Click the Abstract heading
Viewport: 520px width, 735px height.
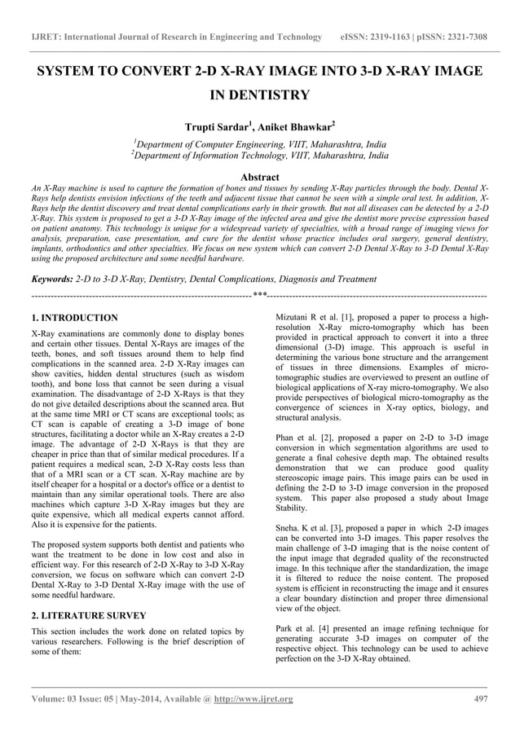click(x=259, y=177)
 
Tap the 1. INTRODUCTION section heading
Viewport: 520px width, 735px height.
click(x=73, y=317)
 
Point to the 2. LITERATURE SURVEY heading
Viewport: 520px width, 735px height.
click(x=88, y=615)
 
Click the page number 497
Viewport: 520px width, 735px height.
click(x=481, y=699)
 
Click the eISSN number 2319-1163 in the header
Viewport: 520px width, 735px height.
click(x=399, y=37)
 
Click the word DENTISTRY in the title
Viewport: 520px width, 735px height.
click(x=259, y=95)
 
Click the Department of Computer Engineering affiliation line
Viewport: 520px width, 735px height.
click(x=260, y=143)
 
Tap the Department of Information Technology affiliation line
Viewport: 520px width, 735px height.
click(x=260, y=155)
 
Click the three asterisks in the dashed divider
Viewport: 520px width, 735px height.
click(x=259, y=294)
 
